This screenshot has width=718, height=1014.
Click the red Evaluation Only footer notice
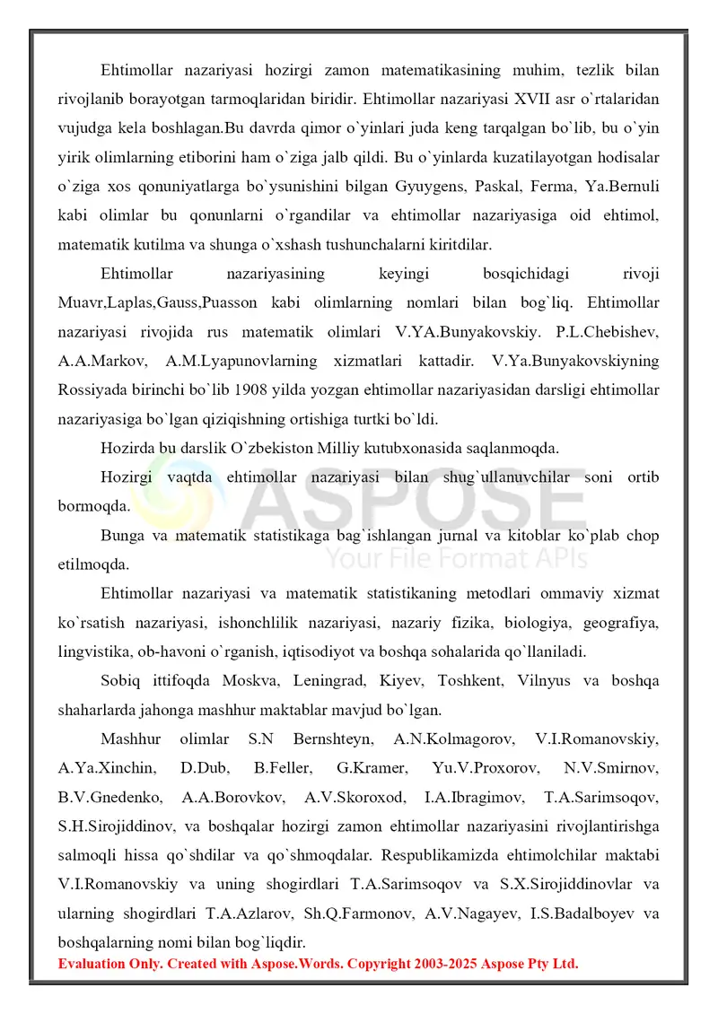(319, 964)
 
